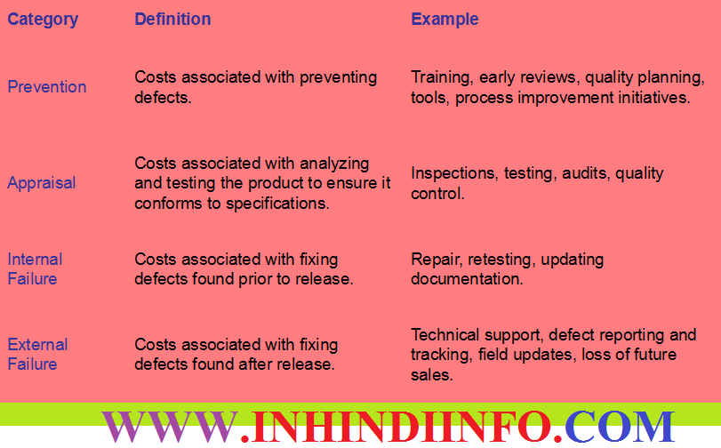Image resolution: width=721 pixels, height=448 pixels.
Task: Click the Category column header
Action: (43, 20)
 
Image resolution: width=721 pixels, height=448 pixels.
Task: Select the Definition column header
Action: (172, 19)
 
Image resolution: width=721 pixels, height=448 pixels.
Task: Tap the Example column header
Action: (445, 20)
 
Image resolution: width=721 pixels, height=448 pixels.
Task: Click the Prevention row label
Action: (47, 87)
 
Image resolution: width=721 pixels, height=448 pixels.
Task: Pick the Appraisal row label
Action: (42, 183)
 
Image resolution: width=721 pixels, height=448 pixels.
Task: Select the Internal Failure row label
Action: (35, 269)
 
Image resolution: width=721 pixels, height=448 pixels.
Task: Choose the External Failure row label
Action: (37, 355)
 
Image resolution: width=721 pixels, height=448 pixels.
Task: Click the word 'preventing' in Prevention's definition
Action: (338, 78)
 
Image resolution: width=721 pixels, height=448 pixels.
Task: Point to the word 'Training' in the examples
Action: (442, 78)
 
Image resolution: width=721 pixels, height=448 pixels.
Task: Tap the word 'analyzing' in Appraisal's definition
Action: (334, 164)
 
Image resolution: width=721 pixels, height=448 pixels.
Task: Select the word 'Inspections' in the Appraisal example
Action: (453, 174)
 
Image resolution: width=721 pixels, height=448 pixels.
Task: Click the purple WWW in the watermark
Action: (171, 427)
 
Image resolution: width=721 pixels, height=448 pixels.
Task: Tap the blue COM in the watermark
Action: (620, 427)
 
